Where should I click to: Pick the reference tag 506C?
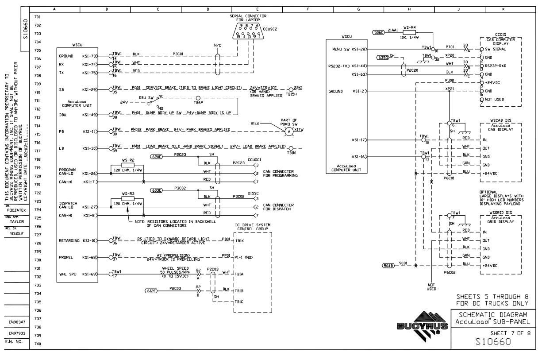[378, 32]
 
